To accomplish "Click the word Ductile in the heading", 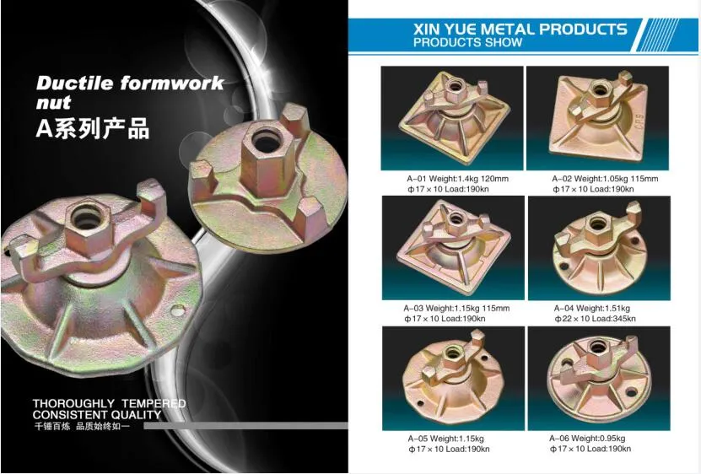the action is [74, 83].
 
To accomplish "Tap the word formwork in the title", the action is [171, 83].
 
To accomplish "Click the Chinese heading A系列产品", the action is [92, 128].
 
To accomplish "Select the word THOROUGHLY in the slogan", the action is [73, 404].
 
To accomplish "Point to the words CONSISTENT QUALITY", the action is [97, 415].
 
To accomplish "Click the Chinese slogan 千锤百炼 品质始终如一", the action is [82, 426].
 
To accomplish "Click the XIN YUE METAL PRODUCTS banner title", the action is [520, 29].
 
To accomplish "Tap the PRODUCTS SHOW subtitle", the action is [467, 42].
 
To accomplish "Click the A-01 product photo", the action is [452, 118].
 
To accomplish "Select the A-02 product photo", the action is [598, 118].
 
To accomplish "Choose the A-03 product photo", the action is [453, 248].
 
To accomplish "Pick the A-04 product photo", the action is [599, 248].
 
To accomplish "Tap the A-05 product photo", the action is [453, 379].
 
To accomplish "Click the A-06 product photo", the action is [599, 379].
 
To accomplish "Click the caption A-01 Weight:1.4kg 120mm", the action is [458, 179].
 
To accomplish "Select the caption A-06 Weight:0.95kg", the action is [587, 439].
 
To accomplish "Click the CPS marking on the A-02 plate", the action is [639, 121].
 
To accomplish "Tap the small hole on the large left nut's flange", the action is [178, 310].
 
